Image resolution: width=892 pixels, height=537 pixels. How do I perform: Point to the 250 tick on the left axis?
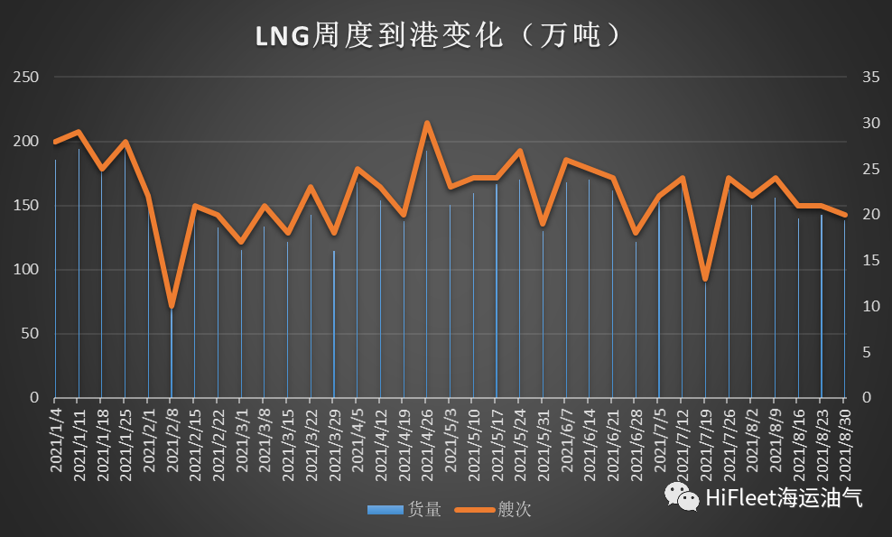point(27,78)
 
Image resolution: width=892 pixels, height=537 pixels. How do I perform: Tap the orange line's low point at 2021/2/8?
point(172,306)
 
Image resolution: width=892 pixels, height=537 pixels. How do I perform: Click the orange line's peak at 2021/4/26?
point(427,123)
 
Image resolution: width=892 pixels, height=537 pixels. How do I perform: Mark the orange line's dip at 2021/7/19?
point(705,278)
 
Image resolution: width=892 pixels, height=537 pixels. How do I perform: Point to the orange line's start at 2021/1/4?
point(55,142)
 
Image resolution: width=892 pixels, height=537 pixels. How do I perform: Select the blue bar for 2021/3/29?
point(334,325)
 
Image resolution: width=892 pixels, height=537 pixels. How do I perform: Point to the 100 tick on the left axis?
point(27,270)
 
